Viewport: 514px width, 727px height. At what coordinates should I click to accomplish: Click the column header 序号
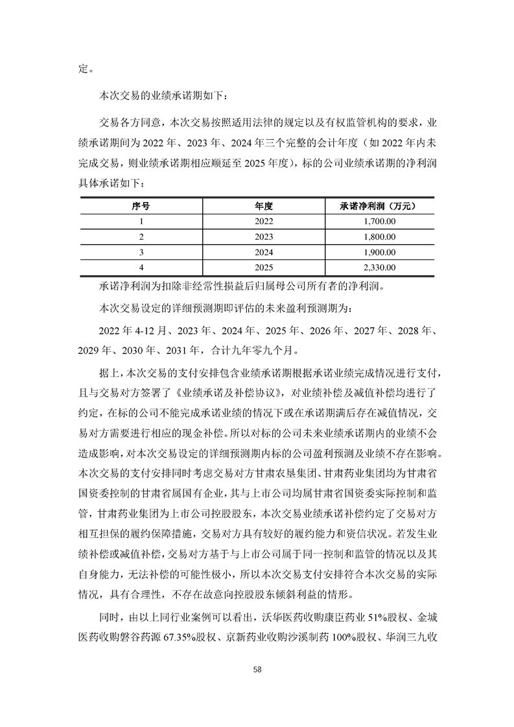(x=140, y=205)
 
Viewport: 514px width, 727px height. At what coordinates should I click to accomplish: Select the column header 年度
(x=264, y=205)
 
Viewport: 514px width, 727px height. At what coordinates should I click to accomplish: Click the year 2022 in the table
(x=264, y=221)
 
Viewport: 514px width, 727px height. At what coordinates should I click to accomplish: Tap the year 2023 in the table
(x=264, y=237)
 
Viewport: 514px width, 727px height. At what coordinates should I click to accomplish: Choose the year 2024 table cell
(x=264, y=251)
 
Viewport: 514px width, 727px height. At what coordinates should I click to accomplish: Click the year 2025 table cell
(x=264, y=267)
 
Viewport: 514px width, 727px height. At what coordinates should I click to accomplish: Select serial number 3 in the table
(x=140, y=251)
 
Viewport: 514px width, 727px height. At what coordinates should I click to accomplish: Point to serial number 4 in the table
(x=140, y=267)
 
